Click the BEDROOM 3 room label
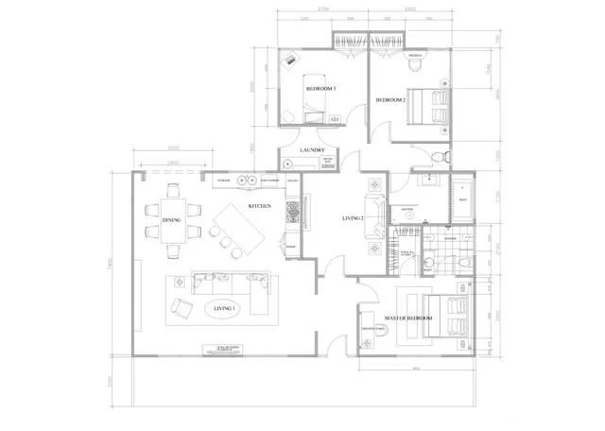(x=321, y=89)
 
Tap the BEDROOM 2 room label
(x=390, y=99)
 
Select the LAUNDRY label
(x=312, y=150)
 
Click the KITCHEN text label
(x=261, y=205)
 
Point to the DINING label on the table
(x=171, y=220)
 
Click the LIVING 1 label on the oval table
(x=225, y=309)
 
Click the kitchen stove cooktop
(x=292, y=210)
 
